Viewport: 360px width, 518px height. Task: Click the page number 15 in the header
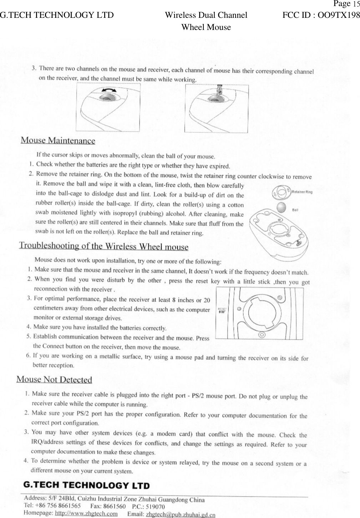(356, 4)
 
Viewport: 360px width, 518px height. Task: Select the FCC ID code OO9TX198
(338, 15)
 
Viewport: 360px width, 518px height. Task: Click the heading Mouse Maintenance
(58, 140)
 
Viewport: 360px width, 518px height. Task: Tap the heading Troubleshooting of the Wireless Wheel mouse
(103, 246)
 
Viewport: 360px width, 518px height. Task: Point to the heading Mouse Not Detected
(54, 379)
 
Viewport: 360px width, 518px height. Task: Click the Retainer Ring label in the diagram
(302, 192)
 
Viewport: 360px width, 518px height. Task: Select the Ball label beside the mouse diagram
(295, 210)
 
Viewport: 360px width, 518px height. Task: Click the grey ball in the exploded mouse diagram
(281, 207)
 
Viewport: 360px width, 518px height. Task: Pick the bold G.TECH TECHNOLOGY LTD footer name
(86, 486)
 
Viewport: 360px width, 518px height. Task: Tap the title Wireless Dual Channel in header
(206, 15)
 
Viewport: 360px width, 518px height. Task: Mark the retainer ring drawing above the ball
(281, 193)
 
